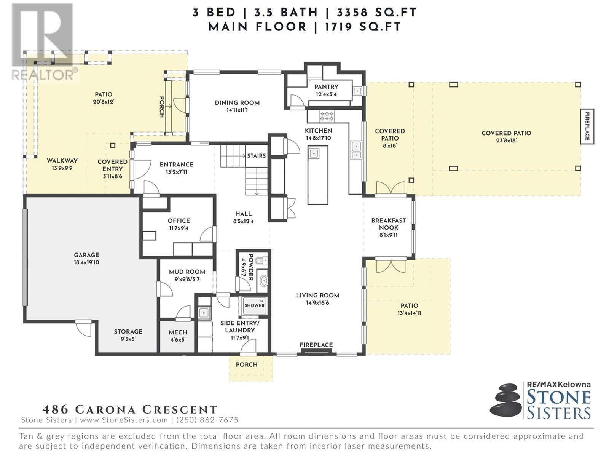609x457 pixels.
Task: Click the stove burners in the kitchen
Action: point(327,116)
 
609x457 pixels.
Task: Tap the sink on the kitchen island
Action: point(314,153)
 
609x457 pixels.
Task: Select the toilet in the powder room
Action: point(260,260)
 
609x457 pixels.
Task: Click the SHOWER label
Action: point(254,305)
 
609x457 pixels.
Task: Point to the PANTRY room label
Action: point(326,87)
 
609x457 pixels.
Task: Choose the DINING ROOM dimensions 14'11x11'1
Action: point(237,110)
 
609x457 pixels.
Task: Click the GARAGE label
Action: point(86,255)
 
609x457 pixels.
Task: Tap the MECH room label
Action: point(178,332)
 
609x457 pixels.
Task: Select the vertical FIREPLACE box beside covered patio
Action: point(587,126)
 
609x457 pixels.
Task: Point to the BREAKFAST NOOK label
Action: point(389,224)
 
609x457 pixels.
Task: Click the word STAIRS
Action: point(257,156)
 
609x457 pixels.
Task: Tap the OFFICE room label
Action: point(179,221)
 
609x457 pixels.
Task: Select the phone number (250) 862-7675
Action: point(207,420)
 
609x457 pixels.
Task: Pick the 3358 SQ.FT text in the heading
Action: point(376,13)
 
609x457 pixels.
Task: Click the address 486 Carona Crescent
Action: point(129,409)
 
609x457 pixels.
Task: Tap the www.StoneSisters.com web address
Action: point(124,420)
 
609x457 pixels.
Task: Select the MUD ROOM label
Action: point(187,272)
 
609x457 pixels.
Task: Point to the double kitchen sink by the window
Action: point(356,150)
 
